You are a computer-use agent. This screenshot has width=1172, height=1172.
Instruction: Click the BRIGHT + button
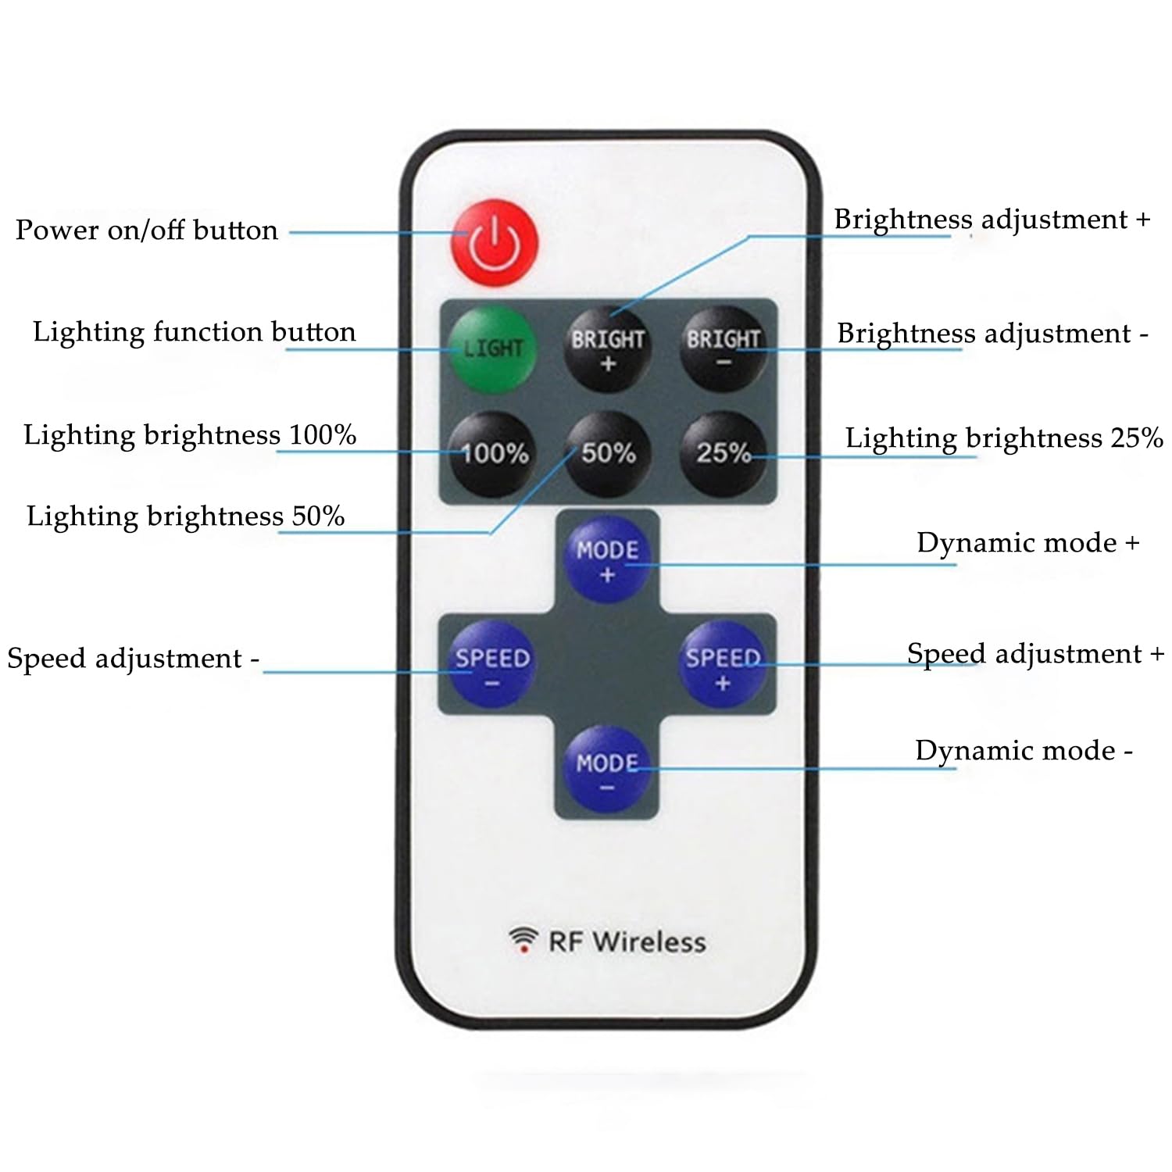tap(608, 349)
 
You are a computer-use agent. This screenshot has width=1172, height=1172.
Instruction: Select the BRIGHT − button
tap(724, 349)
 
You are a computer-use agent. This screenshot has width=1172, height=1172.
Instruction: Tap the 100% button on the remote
tap(493, 454)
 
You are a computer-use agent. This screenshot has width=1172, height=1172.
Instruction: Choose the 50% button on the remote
tap(608, 454)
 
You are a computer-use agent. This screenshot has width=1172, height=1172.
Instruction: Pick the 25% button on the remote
tap(724, 454)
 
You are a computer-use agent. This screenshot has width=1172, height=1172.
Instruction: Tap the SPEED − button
tap(492, 665)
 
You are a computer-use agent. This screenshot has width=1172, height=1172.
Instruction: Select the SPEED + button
tap(723, 665)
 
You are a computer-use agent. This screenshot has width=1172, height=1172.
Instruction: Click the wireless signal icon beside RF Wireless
tap(523, 939)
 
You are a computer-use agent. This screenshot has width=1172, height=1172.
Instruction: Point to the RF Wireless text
tap(627, 942)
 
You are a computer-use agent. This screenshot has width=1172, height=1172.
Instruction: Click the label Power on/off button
tap(147, 230)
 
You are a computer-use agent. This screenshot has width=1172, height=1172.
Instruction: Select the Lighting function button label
tap(195, 332)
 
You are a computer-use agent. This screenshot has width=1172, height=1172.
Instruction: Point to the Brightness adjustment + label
tap(992, 220)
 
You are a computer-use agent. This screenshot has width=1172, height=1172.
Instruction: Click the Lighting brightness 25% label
tap(1004, 438)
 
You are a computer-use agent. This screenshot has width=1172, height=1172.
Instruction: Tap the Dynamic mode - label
tap(1024, 750)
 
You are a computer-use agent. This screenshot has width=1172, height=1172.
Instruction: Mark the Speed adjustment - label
tap(134, 659)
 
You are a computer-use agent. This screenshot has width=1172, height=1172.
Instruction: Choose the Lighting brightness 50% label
tap(186, 516)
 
